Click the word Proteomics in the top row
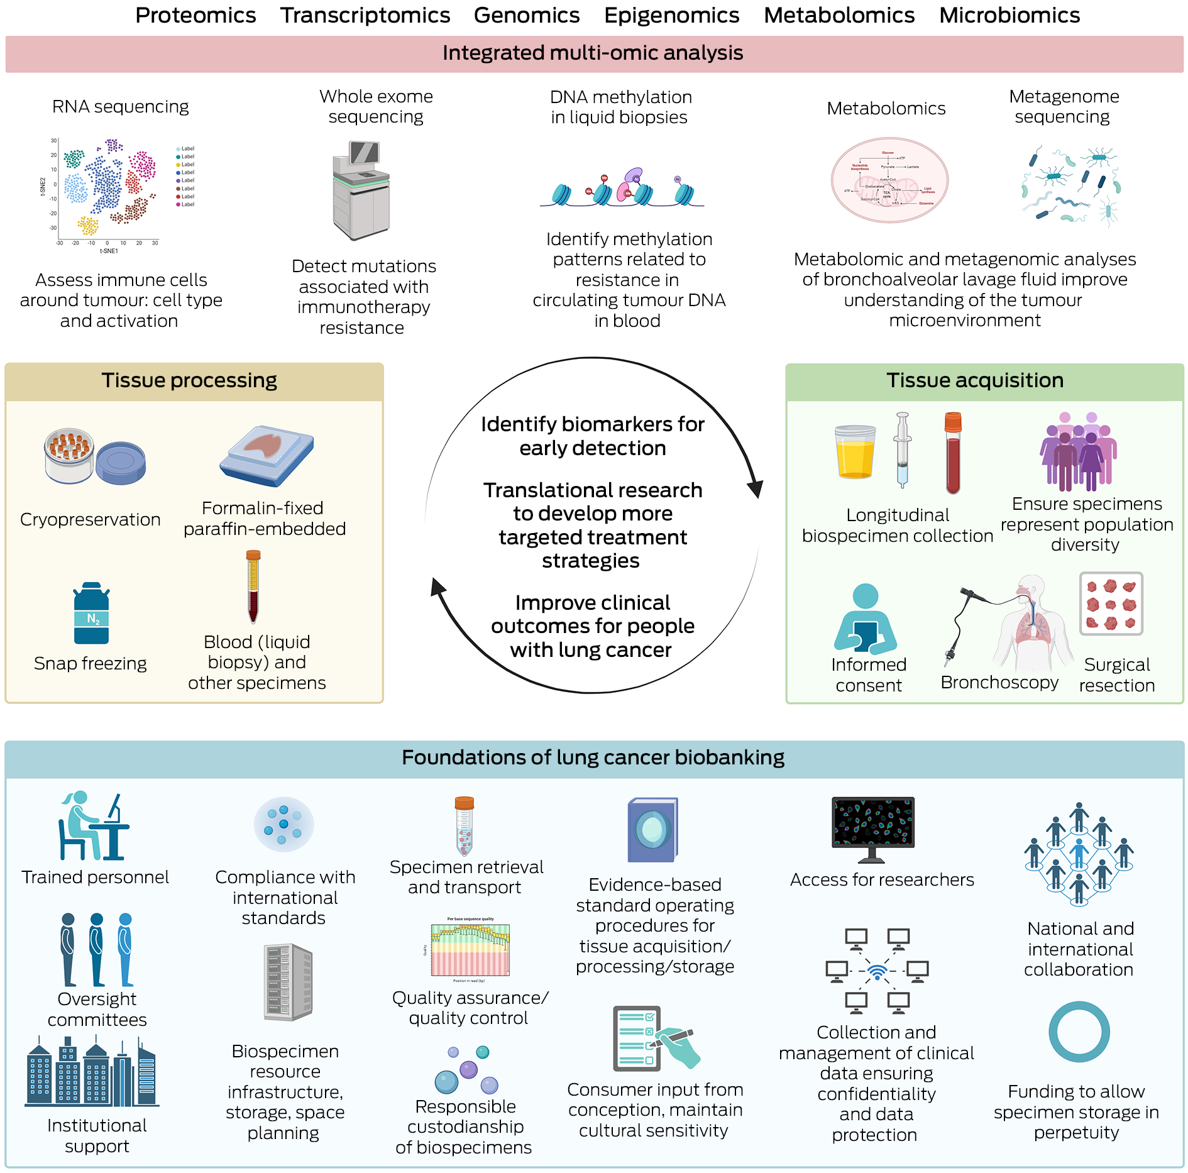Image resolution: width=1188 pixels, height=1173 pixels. [x=195, y=15]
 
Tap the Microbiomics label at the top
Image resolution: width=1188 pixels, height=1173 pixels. [x=1009, y=15]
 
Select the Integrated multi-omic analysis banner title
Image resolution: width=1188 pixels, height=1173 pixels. [x=593, y=53]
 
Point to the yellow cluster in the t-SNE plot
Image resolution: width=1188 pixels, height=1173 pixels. [x=88, y=225]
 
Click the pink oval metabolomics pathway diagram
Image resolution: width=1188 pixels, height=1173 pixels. [x=889, y=180]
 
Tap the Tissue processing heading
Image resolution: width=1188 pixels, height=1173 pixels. [x=189, y=380]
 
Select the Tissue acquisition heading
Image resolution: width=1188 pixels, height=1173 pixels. [x=975, y=380]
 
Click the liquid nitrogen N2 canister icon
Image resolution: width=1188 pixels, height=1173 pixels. [x=92, y=614]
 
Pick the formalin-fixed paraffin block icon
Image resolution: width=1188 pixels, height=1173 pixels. [x=267, y=455]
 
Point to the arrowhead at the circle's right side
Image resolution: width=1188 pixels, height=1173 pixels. [x=755, y=488]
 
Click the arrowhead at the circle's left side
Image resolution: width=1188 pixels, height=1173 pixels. [x=437, y=587]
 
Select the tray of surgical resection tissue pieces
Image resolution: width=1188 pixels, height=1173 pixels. [x=1111, y=603]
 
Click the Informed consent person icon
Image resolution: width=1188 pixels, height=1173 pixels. [x=866, y=619]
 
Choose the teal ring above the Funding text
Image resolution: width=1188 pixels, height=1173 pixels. [x=1079, y=1032]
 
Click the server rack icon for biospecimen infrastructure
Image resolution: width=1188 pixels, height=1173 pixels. [x=287, y=982]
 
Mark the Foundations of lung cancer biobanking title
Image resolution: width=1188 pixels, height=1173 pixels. [x=593, y=757]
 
